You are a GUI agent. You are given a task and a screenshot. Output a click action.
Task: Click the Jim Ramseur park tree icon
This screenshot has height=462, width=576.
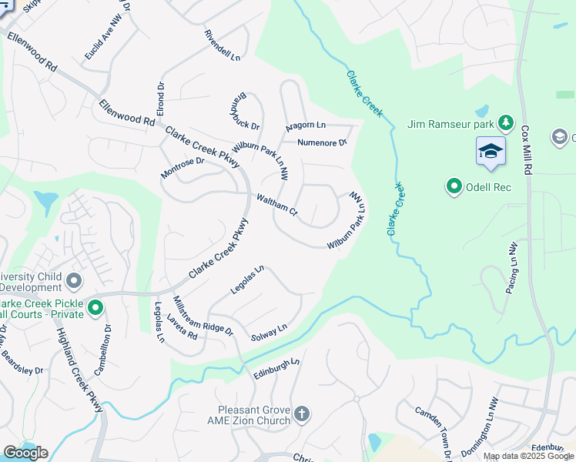pyautogui.click(x=505, y=122)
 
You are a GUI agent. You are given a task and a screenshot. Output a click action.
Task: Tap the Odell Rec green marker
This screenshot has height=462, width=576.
pyautogui.click(x=454, y=186)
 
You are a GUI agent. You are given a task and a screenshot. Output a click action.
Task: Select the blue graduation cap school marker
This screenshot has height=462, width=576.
pyautogui.click(x=490, y=151)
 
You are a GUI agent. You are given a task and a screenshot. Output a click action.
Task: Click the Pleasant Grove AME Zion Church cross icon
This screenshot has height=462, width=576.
pyautogui.click(x=302, y=415)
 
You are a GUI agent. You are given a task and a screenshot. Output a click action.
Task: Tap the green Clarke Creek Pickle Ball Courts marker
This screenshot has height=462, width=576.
pyautogui.click(x=95, y=309)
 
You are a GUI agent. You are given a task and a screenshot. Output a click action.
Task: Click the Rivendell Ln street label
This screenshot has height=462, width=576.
pyautogui.click(x=223, y=45)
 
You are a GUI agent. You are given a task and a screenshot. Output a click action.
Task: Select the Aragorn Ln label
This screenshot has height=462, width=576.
pyautogui.click(x=306, y=126)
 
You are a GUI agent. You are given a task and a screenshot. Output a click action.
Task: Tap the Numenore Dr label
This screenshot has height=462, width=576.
pyautogui.click(x=323, y=142)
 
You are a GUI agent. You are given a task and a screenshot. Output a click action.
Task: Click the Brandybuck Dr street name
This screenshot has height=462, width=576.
pyautogui.click(x=245, y=111)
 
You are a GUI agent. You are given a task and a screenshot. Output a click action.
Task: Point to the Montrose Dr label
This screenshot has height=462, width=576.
pyautogui.click(x=183, y=167)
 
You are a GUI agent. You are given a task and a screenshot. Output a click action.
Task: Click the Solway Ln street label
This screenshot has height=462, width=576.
pyautogui.click(x=269, y=332)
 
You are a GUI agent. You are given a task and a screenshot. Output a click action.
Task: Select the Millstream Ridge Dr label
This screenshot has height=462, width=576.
pyautogui.click(x=203, y=316)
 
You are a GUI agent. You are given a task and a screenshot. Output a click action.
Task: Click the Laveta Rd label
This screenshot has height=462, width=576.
pyautogui.click(x=181, y=329)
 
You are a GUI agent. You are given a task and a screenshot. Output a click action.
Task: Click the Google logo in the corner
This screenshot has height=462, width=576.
pyautogui.click(x=25, y=453)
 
